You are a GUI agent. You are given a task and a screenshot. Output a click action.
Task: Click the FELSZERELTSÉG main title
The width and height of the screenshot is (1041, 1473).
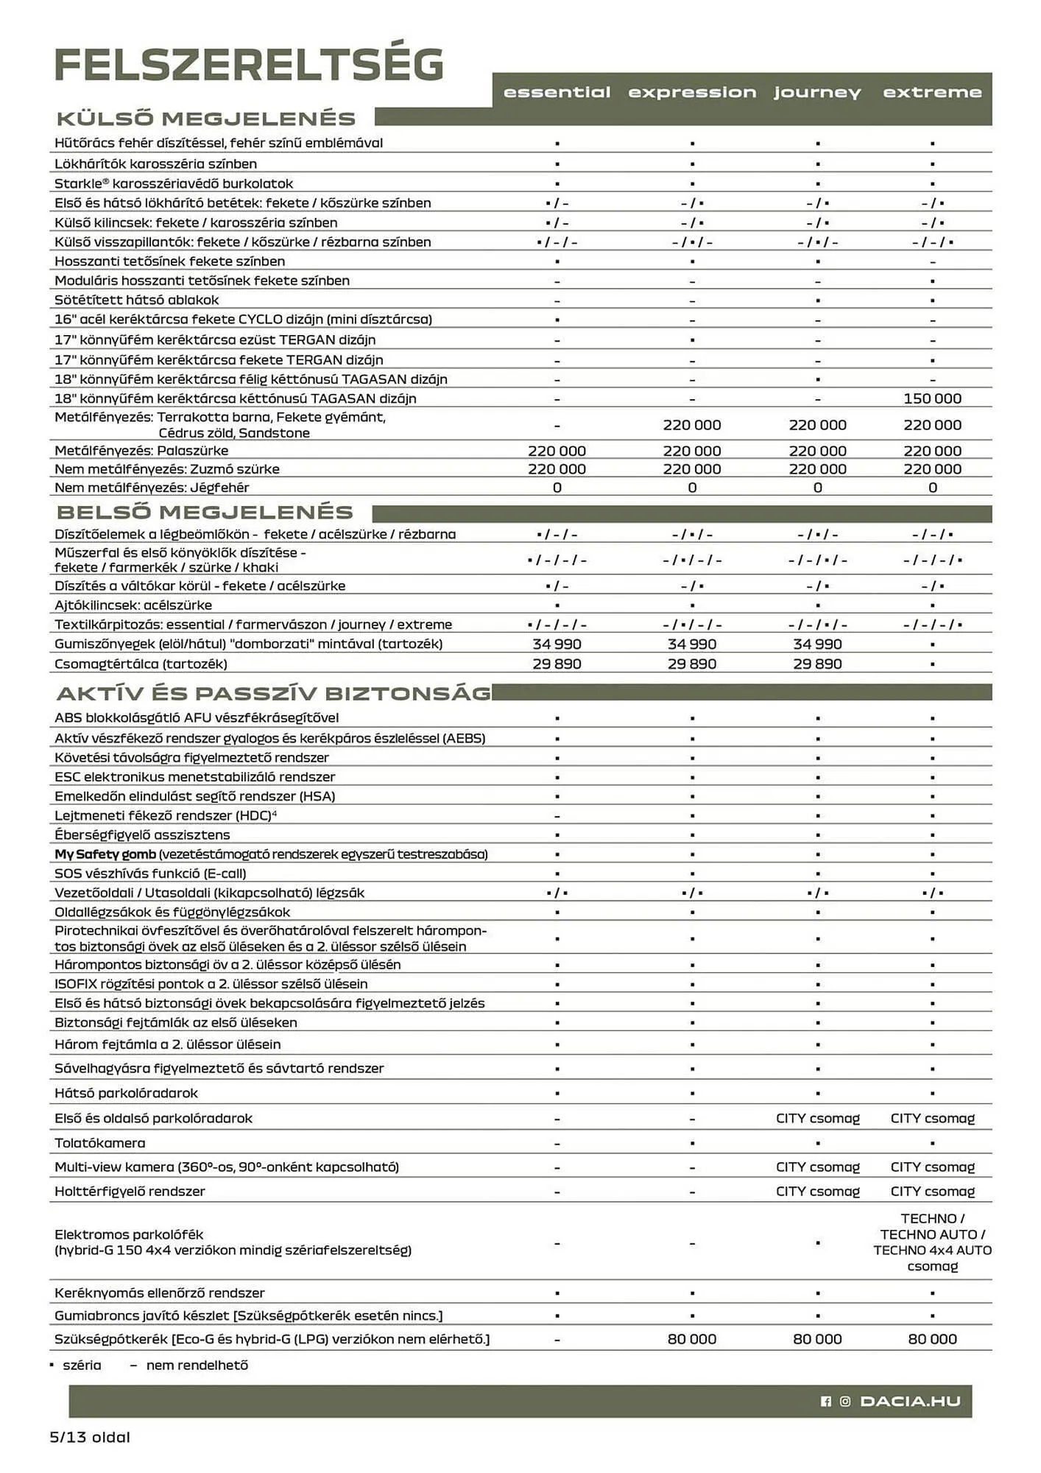249,66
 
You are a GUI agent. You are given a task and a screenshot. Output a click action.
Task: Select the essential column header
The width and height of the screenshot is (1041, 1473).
557,93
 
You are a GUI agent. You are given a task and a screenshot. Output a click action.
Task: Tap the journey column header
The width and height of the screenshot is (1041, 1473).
816,93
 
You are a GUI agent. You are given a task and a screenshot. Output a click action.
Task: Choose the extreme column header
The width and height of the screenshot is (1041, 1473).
932,93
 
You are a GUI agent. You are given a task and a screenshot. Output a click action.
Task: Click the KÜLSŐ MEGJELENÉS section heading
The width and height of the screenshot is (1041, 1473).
206,119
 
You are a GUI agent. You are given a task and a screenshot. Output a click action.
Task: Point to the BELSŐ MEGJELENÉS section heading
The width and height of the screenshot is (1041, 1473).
205,513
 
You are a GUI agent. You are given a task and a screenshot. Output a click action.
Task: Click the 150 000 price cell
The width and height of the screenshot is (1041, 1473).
932,398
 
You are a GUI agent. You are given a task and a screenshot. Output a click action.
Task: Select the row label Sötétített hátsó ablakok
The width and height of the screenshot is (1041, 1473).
136,300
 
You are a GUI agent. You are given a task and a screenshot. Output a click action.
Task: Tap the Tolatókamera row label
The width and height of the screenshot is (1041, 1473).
100,1143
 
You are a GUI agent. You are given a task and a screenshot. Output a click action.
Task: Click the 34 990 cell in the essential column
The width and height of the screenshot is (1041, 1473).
557,644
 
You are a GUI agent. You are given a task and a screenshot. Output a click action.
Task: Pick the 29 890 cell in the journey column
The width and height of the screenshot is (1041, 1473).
817,664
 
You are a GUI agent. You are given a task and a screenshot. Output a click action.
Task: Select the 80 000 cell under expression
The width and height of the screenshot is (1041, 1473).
691,1339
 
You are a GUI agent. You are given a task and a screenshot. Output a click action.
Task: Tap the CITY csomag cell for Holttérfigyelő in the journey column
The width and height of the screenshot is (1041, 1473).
817,1191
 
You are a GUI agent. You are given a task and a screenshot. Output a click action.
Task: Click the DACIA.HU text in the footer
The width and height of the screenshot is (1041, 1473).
910,1401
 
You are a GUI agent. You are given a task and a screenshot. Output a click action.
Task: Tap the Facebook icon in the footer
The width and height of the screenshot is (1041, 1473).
826,1401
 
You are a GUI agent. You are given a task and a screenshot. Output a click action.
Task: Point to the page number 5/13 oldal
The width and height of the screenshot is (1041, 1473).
90,1437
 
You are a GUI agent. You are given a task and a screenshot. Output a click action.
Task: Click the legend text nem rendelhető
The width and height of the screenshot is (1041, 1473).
197,1365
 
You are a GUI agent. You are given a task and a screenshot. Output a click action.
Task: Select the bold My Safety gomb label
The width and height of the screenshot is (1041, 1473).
105,854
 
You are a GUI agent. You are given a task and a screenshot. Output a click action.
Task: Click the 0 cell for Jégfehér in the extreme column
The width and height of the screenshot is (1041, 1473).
932,488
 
